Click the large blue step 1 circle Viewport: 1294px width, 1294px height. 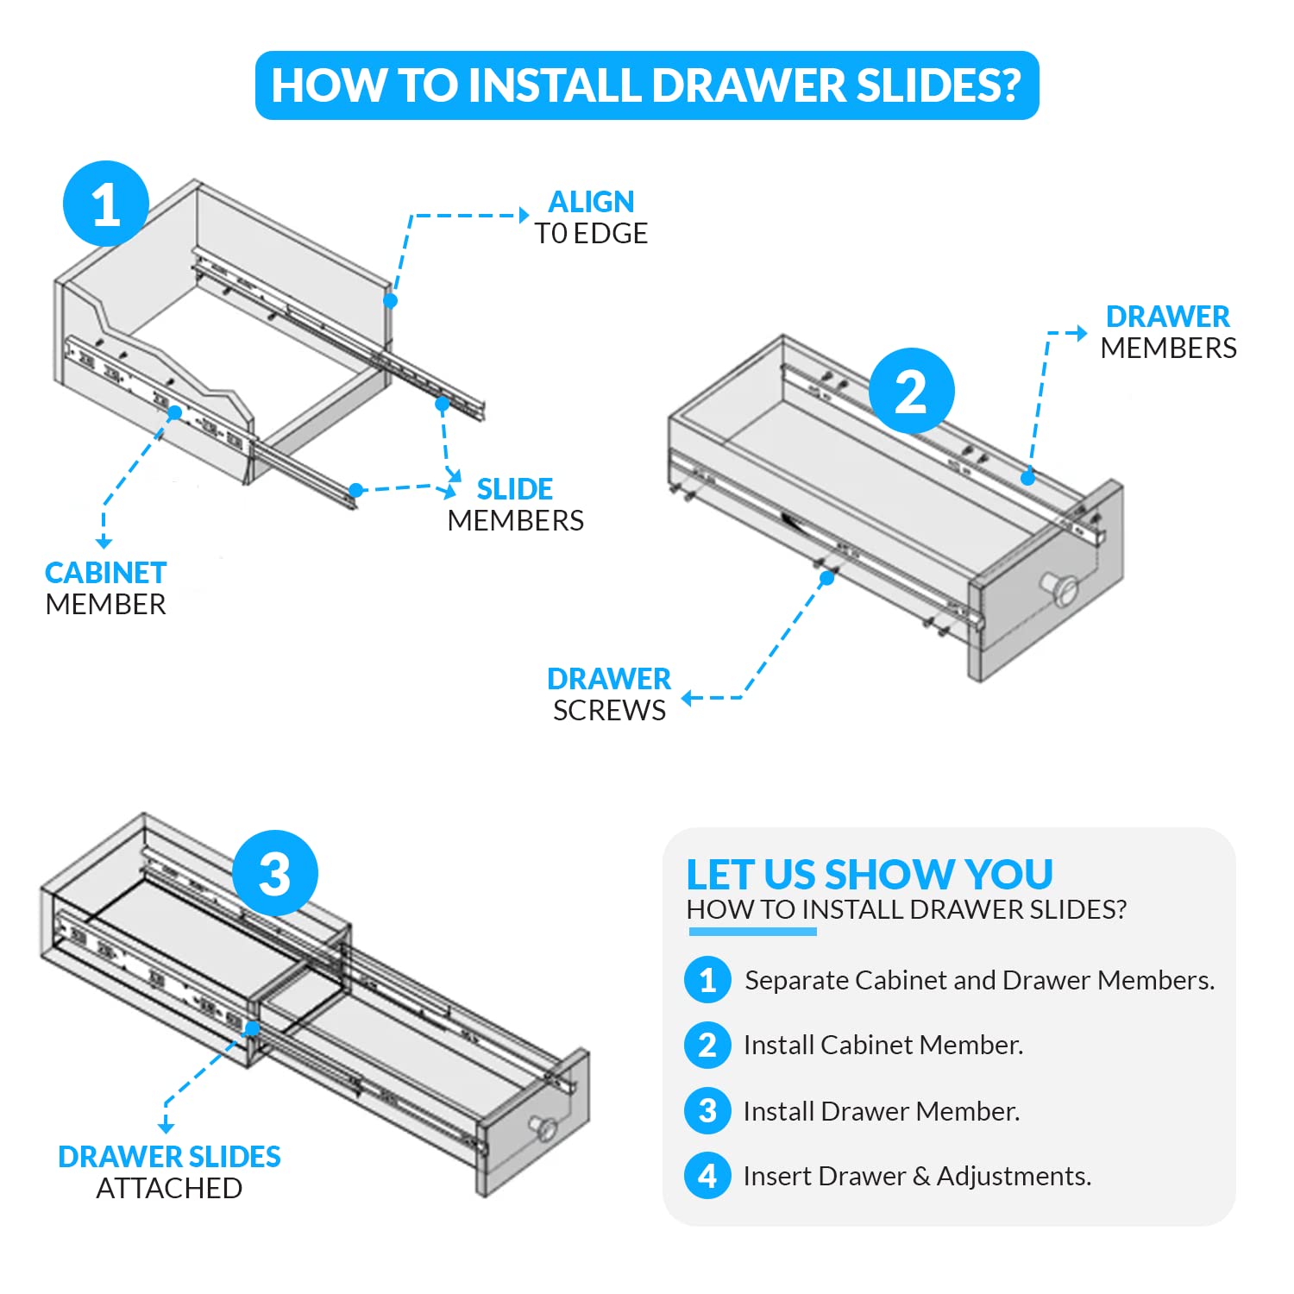[x=106, y=204]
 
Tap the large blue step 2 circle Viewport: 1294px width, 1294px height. [x=911, y=391]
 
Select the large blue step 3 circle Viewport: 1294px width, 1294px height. [x=275, y=873]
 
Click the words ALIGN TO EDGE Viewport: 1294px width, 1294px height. [x=591, y=217]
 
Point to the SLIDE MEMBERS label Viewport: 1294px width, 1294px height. [x=515, y=505]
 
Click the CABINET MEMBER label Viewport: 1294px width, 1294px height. [x=105, y=588]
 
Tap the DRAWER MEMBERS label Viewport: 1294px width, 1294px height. [x=1168, y=332]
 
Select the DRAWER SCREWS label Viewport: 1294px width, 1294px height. [x=609, y=694]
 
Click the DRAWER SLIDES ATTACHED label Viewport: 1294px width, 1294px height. [x=169, y=1172]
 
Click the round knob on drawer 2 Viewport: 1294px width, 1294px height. [x=1063, y=589]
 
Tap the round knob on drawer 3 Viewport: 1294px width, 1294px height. [x=543, y=1128]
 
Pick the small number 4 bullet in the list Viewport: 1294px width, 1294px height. [x=707, y=1176]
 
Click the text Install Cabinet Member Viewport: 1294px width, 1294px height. [x=883, y=1045]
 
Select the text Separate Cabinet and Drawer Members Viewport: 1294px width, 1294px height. [x=979, y=980]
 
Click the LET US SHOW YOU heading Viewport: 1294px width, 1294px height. [x=869, y=874]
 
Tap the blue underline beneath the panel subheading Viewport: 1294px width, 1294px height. [x=752, y=932]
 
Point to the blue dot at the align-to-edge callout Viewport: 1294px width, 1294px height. [x=391, y=300]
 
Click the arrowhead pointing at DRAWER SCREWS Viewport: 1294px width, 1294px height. [x=688, y=698]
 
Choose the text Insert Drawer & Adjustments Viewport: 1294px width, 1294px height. [x=917, y=1176]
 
